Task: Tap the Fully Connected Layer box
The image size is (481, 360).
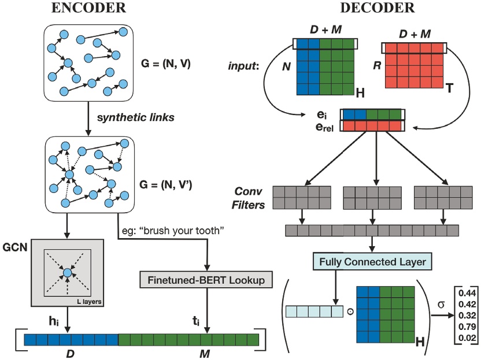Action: pyautogui.click(x=370, y=262)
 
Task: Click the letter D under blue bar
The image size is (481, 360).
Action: pyautogui.click(x=71, y=351)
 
